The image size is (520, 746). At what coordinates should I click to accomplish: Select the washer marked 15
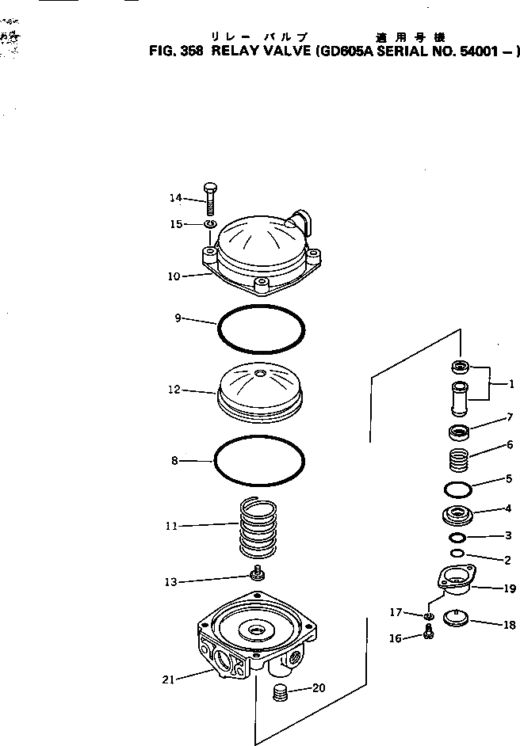[210, 226]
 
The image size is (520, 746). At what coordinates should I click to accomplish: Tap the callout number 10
[174, 276]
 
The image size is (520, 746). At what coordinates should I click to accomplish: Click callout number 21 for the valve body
[168, 678]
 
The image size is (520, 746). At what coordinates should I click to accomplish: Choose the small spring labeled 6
[459, 460]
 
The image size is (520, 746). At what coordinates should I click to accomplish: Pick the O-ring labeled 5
[459, 488]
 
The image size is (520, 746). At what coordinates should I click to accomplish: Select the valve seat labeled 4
[458, 516]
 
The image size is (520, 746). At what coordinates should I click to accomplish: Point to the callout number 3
[508, 536]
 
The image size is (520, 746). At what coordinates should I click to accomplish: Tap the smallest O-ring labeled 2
[457, 553]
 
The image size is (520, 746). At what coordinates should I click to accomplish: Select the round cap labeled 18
[455, 616]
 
